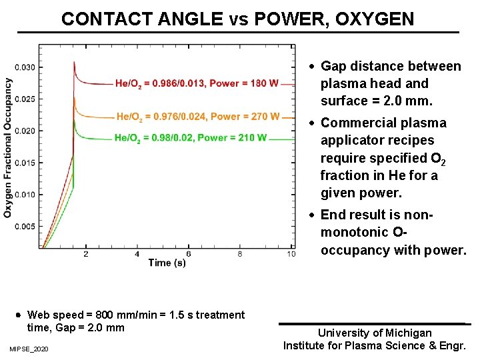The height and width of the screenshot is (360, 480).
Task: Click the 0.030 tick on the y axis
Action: click(x=25, y=67)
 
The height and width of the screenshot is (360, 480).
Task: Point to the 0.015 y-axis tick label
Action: click(x=25, y=163)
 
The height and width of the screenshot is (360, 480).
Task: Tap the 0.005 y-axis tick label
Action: click(x=25, y=227)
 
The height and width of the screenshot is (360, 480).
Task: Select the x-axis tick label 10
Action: click(x=291, y=255)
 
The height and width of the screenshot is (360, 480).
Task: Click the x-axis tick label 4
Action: click(x=137, y=255)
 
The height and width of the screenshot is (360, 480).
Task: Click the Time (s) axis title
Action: click(x=167, y=263)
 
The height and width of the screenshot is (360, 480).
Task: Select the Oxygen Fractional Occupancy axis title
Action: click(x=8, y=147)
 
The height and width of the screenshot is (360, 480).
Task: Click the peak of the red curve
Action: click(x=73, y=62)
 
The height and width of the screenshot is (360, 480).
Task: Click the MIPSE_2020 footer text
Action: click(x=29, y=349)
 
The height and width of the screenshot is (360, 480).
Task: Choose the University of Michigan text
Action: click(x=375, y=333)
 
